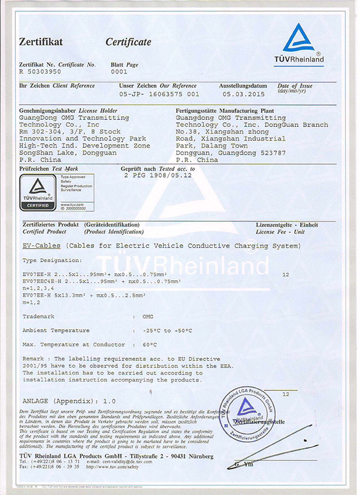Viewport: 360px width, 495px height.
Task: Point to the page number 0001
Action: click(x=119, y=71)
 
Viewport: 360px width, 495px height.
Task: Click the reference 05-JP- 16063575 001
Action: click(x=159, y=93)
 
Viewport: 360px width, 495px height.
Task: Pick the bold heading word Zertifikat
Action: click(x=41, y=42)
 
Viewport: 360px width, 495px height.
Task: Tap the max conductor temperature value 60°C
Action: click(x=150, y=344)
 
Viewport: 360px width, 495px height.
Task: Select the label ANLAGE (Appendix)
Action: click(x=52, y=400)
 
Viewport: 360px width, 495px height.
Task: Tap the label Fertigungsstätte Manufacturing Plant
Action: click(x=220, y=111)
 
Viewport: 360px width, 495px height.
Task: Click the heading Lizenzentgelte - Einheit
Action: click(x=286, y=225)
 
